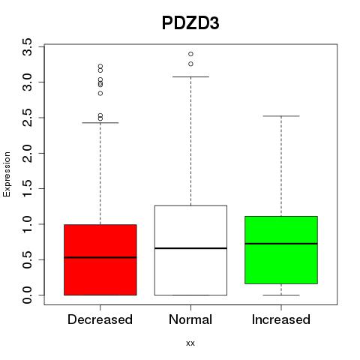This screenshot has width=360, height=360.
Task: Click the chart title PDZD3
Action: click(190, 23)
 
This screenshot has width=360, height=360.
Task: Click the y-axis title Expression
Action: click(7, 174)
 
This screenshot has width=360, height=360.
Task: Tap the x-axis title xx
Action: click(190, 343)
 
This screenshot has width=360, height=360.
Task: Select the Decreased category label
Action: click(100, 319)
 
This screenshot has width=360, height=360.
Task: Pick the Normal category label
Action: click(190, 319)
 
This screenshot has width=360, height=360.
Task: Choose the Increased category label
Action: click(281, 319)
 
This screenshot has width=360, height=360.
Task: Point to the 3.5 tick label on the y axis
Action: click(28, 46)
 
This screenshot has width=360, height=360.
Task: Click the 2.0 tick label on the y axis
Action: click(28, 153)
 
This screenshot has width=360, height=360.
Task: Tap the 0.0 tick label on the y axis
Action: click(28, 295)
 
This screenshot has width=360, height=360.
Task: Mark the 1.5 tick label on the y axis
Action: click(28, 189)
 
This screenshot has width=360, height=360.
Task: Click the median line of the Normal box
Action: click(190, 248)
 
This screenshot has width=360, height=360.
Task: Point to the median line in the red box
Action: click(100, 257)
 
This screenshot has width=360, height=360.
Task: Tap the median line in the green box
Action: click(281, 244)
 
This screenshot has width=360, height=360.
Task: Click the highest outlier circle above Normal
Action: click(190, 54)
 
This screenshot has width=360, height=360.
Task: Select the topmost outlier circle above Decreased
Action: click(100, 67)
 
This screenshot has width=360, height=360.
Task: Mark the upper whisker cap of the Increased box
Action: click(281, 116)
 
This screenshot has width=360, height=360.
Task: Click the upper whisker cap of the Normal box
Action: click(190, 76)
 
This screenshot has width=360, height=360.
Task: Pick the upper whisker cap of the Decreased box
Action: click(100, 123)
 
